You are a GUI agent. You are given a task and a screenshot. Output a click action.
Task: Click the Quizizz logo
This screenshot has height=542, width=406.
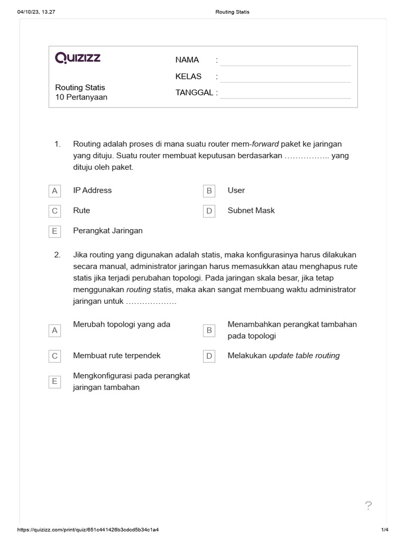(x=78, y=58)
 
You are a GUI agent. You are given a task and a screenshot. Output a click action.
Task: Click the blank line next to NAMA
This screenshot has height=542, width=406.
(x=285, y=60)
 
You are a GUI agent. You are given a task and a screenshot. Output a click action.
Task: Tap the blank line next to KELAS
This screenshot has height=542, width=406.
(x=285, y=77)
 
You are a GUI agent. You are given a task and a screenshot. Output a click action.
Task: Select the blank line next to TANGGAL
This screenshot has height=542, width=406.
(x=285, y=93)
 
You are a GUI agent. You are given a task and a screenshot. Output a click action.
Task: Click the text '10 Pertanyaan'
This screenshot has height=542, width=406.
(x=81, y=97)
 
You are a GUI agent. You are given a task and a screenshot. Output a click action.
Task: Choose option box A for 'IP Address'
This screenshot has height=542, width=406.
(x=54, y=191)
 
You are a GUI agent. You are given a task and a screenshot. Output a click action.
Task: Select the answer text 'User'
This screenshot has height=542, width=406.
(x=236, y=191)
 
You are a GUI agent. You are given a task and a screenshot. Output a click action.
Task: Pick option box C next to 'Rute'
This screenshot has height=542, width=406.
(x=54, y=211)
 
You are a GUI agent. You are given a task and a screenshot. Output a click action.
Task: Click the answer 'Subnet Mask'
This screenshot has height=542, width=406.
(x=251, y=211)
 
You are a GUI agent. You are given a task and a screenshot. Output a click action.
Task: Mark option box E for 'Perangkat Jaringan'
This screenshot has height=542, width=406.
(x=54, y=231)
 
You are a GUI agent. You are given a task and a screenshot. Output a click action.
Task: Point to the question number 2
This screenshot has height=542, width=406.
(x=58, y=255)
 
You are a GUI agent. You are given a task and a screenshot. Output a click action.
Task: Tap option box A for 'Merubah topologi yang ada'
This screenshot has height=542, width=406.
(x=54, y=330)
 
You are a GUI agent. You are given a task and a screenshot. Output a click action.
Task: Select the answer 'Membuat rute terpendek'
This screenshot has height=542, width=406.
(x=117, y=356)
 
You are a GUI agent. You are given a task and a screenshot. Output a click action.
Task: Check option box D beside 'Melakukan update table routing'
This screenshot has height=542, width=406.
(x=209, y=356)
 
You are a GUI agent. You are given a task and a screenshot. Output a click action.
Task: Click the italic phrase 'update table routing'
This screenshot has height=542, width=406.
(x=304, y=356)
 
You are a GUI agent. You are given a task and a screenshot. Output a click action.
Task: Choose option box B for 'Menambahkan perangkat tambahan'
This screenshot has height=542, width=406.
(x=209, y=330)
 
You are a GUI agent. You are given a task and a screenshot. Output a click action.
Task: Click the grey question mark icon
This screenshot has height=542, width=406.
(x=368, y=506)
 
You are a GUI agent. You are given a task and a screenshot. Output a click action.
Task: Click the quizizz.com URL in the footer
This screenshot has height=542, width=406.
(x=89, y=529)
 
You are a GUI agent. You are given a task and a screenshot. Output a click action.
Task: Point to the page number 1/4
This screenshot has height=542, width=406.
(x=384, y=529)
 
